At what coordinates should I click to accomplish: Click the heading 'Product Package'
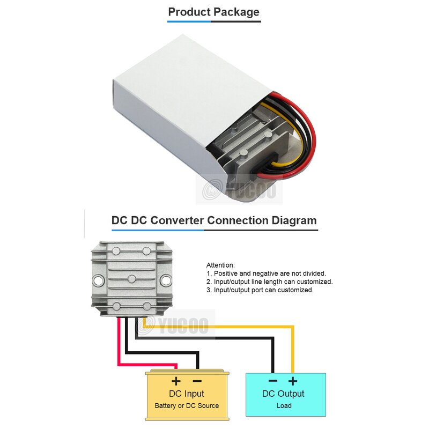tap(213, 12)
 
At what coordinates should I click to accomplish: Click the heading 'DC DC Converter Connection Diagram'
tap(214, 220)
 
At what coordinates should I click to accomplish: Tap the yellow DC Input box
tap(187, 400)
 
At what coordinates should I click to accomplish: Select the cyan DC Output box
tap(285, 400)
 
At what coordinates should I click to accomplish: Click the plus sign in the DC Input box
tap(176, 381)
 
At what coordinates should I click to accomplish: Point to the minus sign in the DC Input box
tap(197, 381)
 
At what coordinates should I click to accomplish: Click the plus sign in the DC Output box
tap(293, 381)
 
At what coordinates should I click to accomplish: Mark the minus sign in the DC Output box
tap(273, 381)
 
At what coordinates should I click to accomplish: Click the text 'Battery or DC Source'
tap(187, 406)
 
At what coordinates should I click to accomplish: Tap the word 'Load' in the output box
tap(284, 406)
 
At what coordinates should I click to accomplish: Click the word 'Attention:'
tap(220, 265)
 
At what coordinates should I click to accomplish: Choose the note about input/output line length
tap(269, 282)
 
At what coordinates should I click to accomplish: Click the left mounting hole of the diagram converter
tap(98, 280)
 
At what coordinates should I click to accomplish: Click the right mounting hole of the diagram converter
tap(166, 280)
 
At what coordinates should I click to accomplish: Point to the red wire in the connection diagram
tap(119, 349)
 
